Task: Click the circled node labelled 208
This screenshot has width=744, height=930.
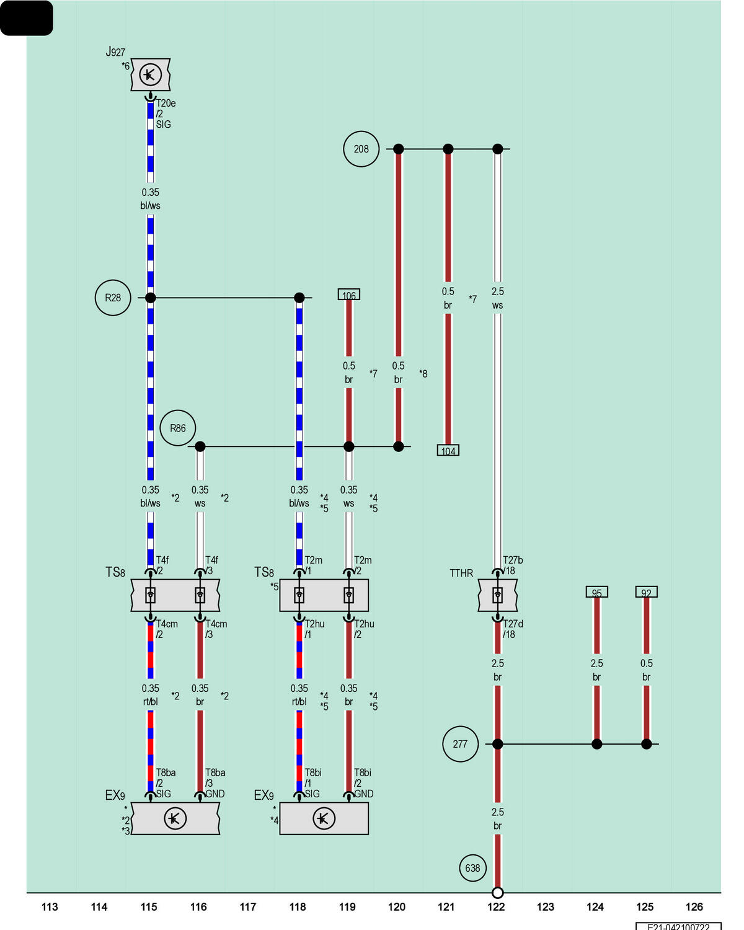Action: (361, 149)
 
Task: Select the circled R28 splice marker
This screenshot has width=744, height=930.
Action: (113, 298)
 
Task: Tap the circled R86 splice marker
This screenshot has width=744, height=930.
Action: (178, 428)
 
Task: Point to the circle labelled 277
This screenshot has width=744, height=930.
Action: (460, 744)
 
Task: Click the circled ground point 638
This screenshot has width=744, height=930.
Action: (472, 868)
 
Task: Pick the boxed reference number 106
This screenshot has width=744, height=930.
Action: (348, 294)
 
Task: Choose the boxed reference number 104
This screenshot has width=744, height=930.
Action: (448, 450)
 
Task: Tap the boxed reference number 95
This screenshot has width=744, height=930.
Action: (596, 591)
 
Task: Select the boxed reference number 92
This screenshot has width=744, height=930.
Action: (646, 591)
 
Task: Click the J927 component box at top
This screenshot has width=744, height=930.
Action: (151, 74)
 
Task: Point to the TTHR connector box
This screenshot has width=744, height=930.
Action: (497, 595)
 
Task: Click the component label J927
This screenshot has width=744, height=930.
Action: (115, 51)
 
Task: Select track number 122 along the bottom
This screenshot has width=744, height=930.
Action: (496, 906)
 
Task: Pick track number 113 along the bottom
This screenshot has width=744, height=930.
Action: (49, 906)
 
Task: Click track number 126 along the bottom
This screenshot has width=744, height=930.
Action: (694, 906)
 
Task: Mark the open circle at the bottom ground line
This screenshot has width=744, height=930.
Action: (498, 892)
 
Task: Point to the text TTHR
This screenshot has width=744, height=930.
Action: (461, 573)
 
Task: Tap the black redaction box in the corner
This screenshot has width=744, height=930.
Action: (27, 18)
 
